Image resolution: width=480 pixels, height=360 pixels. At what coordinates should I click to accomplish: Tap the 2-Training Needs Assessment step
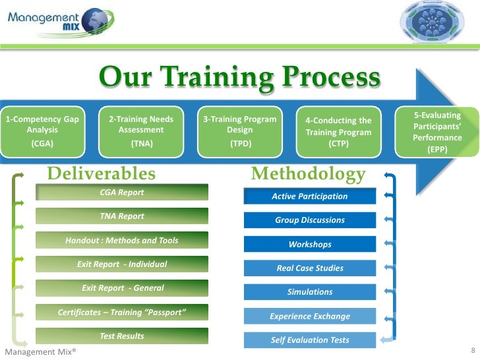point(141,131)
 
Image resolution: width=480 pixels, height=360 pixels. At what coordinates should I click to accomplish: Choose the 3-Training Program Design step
point(240,131)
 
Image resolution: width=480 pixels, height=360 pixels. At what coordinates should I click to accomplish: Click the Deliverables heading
point(102,173)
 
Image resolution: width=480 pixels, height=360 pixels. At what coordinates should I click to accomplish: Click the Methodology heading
point(309,173)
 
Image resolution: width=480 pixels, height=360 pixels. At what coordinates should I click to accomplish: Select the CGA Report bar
point(122,193)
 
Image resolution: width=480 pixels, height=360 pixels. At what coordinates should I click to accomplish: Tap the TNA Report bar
point(122,216)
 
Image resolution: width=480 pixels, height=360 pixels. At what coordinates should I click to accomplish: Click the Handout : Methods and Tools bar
point(122,241)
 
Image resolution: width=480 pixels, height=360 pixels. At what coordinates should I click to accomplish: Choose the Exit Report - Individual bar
point(122,264)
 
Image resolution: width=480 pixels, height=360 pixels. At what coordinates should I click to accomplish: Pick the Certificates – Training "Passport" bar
point(122,312)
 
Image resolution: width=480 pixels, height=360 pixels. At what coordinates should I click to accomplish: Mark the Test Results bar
point(122,336)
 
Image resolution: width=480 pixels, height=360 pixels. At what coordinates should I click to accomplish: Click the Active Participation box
point(310,196)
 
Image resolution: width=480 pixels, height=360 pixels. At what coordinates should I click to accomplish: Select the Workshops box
point(310,245)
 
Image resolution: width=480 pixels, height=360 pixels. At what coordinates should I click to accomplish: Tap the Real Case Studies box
point(310,268)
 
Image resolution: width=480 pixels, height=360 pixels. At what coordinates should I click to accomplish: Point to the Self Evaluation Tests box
point(310,340)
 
